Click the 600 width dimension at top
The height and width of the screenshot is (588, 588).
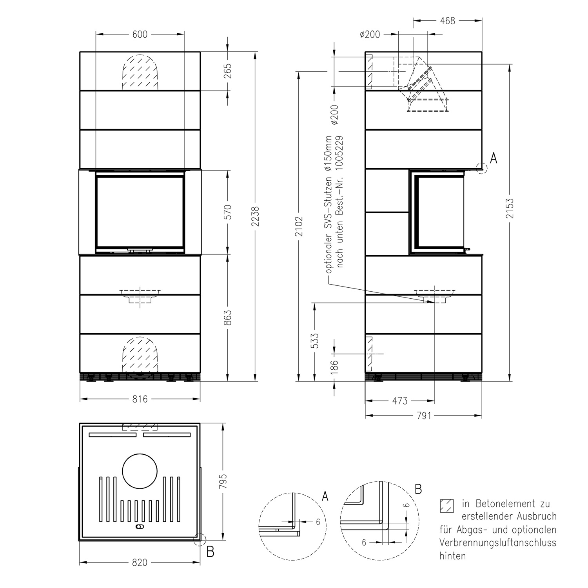coord(140,34)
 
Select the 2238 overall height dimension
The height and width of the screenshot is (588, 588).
coord(255,216)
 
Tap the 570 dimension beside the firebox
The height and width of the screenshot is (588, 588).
coord(228,212)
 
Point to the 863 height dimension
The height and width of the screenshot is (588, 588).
coord(228,318)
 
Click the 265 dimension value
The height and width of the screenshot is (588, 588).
coord(228,71)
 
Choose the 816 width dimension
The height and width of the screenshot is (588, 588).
coord(140,399)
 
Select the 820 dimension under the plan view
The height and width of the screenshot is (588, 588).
coord(140,563)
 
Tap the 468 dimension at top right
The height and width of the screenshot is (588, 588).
coord(447,21)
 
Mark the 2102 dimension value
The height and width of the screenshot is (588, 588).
coord(299,226)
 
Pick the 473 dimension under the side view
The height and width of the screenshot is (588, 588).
coord(399,401)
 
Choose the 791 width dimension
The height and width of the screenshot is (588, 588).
coord(423,416)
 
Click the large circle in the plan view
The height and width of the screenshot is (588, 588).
coord(140,471)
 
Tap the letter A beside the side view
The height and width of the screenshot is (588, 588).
coord(494,158)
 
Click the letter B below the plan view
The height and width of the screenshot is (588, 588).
coord(211,552)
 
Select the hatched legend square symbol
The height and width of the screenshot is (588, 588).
coord(446,506)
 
